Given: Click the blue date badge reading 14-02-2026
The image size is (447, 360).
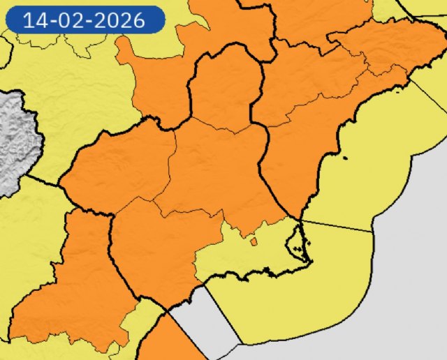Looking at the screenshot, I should [x=85, y=20].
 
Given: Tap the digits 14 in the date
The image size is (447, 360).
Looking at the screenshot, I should [x=34, y=20].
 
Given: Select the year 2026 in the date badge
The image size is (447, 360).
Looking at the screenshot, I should [x=119, y=20].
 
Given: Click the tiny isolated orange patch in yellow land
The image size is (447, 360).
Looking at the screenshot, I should [x=253, y=242].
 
